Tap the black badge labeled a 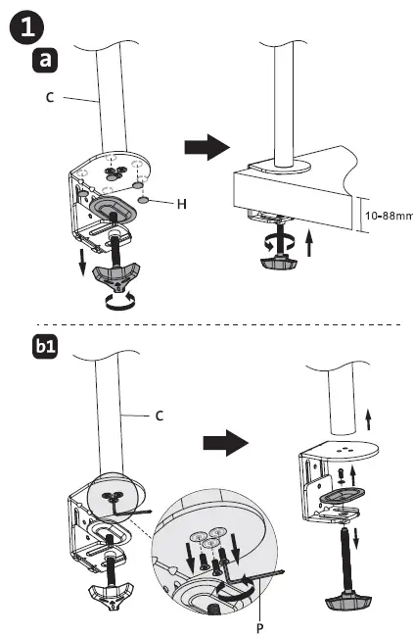coord(45,61)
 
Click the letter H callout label coord(181,204)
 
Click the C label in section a coord(48,97)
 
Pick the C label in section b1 coord(159,415)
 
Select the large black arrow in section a coord(206,148)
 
